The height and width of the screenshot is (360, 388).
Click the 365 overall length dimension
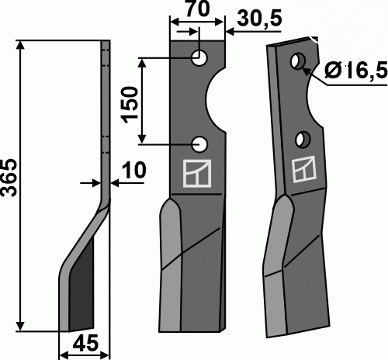point(9,178)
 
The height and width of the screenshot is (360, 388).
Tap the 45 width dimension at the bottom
point(85,343)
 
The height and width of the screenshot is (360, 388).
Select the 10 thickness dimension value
point(133,170)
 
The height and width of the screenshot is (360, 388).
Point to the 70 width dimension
point(198,9)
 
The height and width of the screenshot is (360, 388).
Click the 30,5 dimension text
point(259,19)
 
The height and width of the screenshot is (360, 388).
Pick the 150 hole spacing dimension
point(130,105)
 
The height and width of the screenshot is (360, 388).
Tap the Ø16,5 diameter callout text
point(356,70)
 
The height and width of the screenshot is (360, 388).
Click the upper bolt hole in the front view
point(199,58)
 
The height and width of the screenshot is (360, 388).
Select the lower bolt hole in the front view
point(199,144)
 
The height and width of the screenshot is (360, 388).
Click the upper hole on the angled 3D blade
point(298,61)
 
